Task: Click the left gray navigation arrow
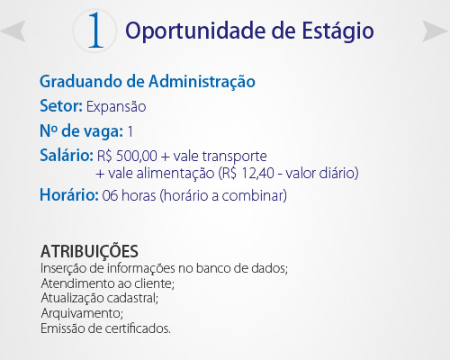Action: pos(15,31)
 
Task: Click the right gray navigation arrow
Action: pos(435,31)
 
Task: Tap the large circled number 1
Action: pos(95,30)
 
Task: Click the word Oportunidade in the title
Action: pos(195,31)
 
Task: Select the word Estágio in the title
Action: pos(337,31)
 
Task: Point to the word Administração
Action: pos(202,82)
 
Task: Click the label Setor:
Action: pos(61,106)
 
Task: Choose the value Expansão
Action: pos(116,107)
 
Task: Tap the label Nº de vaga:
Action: pos(81,131)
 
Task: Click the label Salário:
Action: pos(67,156)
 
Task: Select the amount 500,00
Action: pos(137,156)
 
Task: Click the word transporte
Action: pos(235,157)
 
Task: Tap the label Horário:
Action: pos(69,195)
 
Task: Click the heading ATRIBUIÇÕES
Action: pos(89,251)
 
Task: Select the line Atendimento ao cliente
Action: pos(107,283)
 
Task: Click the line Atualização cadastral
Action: pos(100,298)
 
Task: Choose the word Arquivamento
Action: pos(82,313)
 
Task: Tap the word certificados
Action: pos(138,328)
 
